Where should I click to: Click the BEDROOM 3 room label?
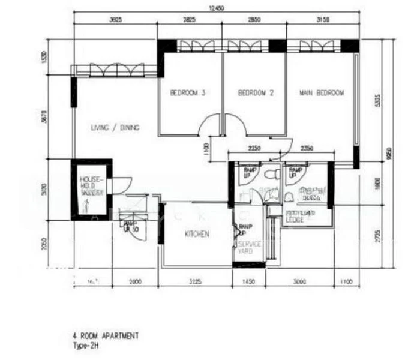coord(188,93)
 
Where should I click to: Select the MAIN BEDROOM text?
coord(322,93)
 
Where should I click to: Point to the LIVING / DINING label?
coord(115,127)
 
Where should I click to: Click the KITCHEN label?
coord(197,234)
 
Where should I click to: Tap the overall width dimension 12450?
coord(217,8)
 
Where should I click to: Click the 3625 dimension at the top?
coord(115,20)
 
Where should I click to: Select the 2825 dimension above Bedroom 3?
coord(189,20)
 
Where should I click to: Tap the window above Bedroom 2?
coord(247,46)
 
